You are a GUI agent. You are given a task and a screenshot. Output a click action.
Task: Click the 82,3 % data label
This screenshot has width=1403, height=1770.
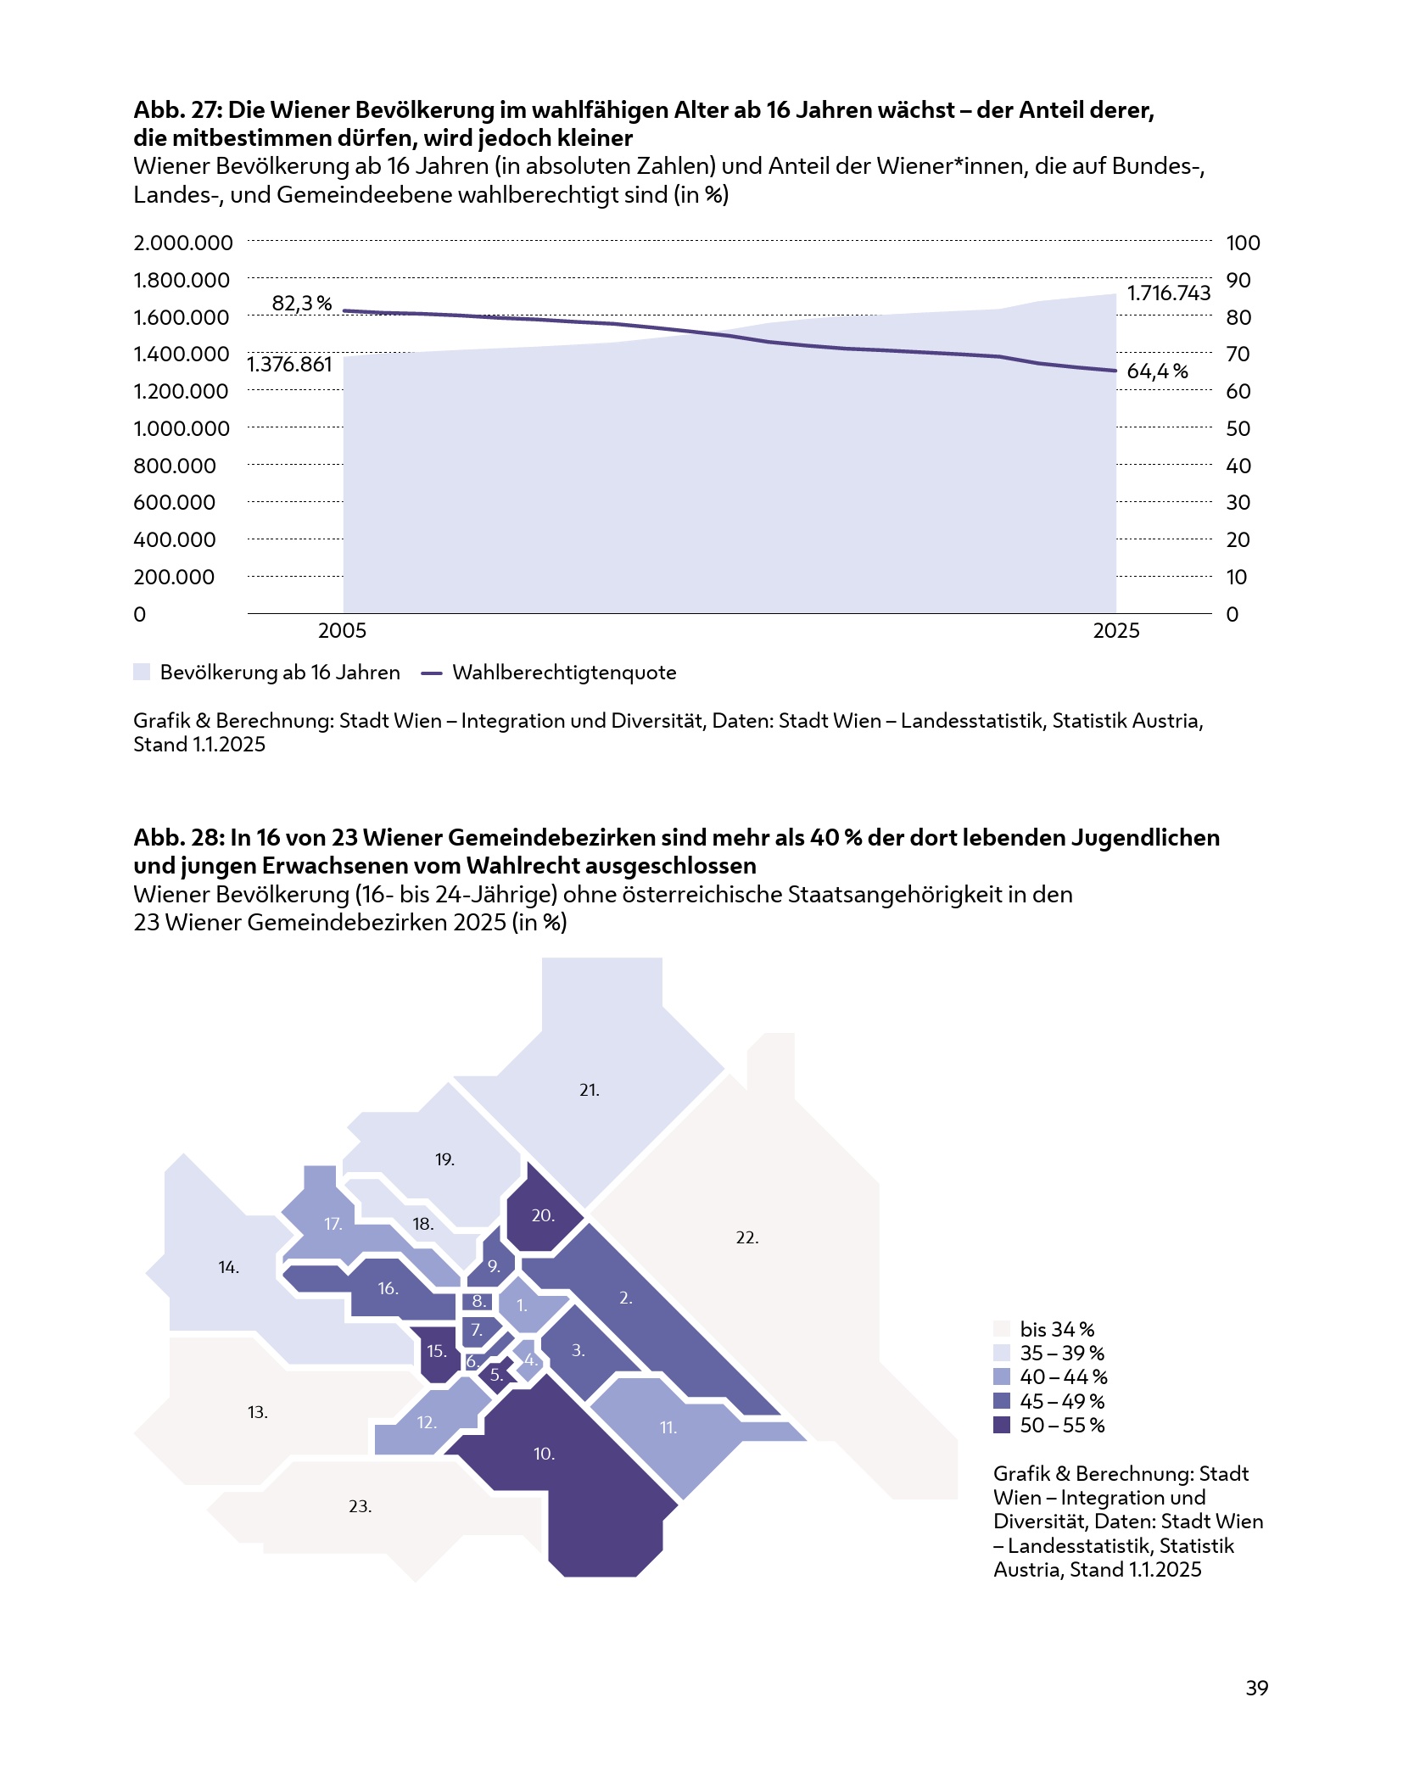click(301, 304)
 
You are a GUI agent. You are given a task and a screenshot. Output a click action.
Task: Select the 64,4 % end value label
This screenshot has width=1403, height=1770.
click(1157, 371)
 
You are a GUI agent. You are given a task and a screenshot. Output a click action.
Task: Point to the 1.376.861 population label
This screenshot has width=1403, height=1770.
click(289, 365)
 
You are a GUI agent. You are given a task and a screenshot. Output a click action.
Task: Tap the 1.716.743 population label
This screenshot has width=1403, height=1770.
click(1168, 293)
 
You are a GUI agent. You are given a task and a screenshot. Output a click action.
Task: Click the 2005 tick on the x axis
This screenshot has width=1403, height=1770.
click(342, 631)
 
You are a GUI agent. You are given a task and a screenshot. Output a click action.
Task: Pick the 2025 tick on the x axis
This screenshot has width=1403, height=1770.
click(1115, 631)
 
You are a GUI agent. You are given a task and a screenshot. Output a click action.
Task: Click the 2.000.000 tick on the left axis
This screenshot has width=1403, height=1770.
click(182, 243)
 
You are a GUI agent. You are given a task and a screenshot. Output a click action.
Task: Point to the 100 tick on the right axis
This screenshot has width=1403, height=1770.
click(1243, 243)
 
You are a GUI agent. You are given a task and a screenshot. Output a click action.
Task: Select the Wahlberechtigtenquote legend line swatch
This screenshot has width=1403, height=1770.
click(432, 673)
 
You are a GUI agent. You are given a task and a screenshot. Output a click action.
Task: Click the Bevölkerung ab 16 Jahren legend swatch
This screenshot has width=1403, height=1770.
click(142, 673)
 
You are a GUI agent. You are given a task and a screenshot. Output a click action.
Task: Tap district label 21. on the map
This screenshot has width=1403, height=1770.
click(590, 1091)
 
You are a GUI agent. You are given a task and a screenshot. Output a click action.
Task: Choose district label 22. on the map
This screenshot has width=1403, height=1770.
click(747, 1237)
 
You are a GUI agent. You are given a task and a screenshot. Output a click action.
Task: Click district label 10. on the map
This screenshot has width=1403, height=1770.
click(545, 1454)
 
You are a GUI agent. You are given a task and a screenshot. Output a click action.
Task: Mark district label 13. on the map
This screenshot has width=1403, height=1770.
click(258, 1412)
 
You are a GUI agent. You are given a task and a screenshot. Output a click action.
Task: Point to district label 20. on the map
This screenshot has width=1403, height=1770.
click(543, 1216)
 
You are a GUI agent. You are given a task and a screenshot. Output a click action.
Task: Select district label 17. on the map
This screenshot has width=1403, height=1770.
click(333, 1224)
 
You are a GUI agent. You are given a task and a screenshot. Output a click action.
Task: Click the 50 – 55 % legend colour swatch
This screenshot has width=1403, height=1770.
click(1002, 1425)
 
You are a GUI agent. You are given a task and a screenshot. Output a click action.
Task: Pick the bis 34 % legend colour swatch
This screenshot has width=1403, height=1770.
click(1002, 1329)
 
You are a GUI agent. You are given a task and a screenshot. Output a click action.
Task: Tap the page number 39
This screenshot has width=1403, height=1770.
click(1256, 1688)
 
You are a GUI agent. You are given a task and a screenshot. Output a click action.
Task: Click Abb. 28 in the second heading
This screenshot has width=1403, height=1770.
click(177, 838)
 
